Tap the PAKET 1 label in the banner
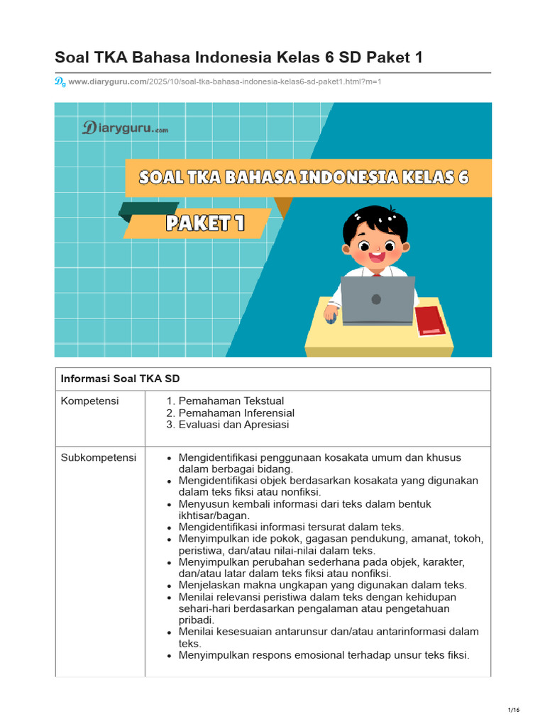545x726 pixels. (205, 224)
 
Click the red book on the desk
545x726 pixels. (430, 320)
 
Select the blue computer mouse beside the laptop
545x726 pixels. (331, 318)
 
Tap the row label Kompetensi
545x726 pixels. (90, 401)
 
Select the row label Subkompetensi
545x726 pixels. (99, 457)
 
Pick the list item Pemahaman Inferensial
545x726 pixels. (236, 413)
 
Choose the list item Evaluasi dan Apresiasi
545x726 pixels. (233, 425)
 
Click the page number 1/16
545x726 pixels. (514, 710)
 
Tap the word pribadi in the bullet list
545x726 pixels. (195, 620)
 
